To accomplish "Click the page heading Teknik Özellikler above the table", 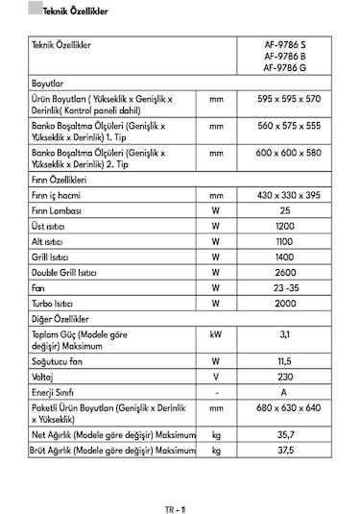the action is click(x=62, y=12).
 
